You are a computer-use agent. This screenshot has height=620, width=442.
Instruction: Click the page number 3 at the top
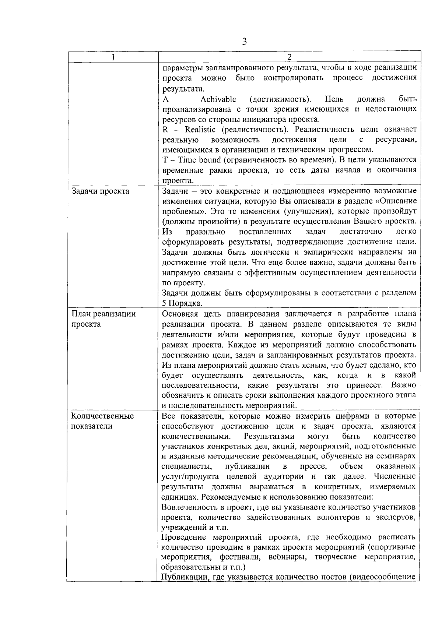[245, 41]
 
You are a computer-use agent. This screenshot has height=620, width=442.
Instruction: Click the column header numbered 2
[289, 57]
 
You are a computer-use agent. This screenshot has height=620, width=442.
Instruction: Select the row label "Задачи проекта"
[100, 191]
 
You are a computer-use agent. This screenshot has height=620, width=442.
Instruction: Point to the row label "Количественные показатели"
[102, 421]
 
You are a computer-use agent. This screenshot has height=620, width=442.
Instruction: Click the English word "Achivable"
[218, 99]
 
